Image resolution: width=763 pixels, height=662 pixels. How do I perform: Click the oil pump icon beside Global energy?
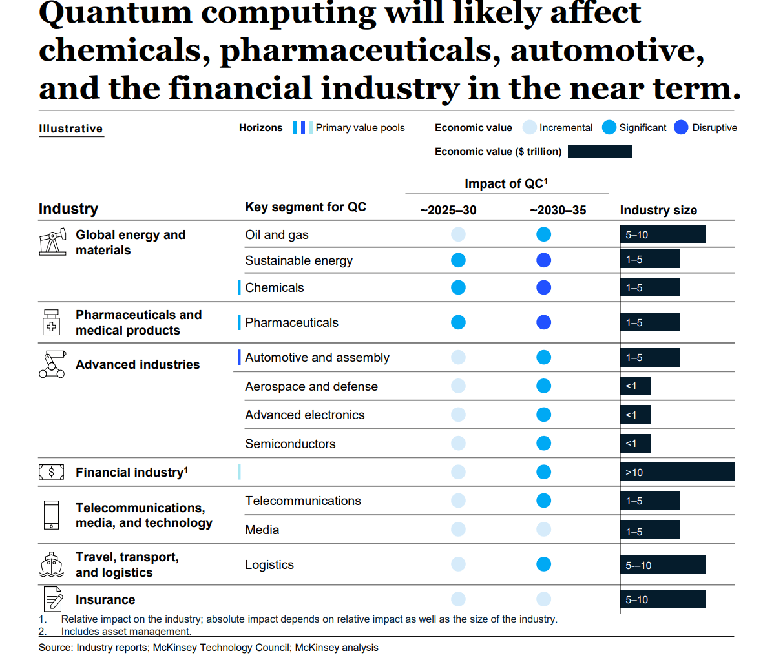tap(52, 242)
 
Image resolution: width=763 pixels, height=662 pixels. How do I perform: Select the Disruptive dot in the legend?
tap(681, 128)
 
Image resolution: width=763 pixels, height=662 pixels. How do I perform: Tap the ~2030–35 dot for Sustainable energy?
tap(544, 260)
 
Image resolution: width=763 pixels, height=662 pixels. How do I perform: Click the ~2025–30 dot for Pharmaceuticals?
tap(458, 322)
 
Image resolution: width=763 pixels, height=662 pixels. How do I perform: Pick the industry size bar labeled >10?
tap(676, 472)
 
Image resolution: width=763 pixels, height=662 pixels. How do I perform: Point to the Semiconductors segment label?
tap(290, 444)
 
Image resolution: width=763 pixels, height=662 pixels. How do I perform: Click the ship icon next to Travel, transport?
tap(52, 564)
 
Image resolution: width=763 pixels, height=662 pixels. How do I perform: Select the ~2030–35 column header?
tap(558, 211)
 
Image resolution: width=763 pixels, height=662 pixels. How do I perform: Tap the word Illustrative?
tap(71, 129)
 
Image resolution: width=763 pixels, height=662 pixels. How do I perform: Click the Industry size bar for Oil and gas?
tap(662, 234)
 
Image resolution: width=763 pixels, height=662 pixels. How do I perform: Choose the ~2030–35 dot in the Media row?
tap(544, 530)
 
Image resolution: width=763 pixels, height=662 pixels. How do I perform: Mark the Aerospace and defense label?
tap(311, 386)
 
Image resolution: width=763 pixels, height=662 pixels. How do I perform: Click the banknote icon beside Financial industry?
tap(52, 472)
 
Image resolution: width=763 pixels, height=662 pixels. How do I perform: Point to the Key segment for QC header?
tap(306, 207)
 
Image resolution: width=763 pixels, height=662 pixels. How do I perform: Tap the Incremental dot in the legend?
tap(530, 128)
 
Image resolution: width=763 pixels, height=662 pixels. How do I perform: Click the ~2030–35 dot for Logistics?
tap(544, 564)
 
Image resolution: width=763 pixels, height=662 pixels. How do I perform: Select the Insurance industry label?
tap(105, 600)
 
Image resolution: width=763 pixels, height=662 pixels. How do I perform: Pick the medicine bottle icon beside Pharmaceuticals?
tap(52, 322)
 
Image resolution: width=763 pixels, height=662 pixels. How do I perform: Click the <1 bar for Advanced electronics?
tap(635, 415)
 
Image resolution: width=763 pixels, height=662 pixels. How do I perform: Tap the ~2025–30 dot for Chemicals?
tap(458, 287)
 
